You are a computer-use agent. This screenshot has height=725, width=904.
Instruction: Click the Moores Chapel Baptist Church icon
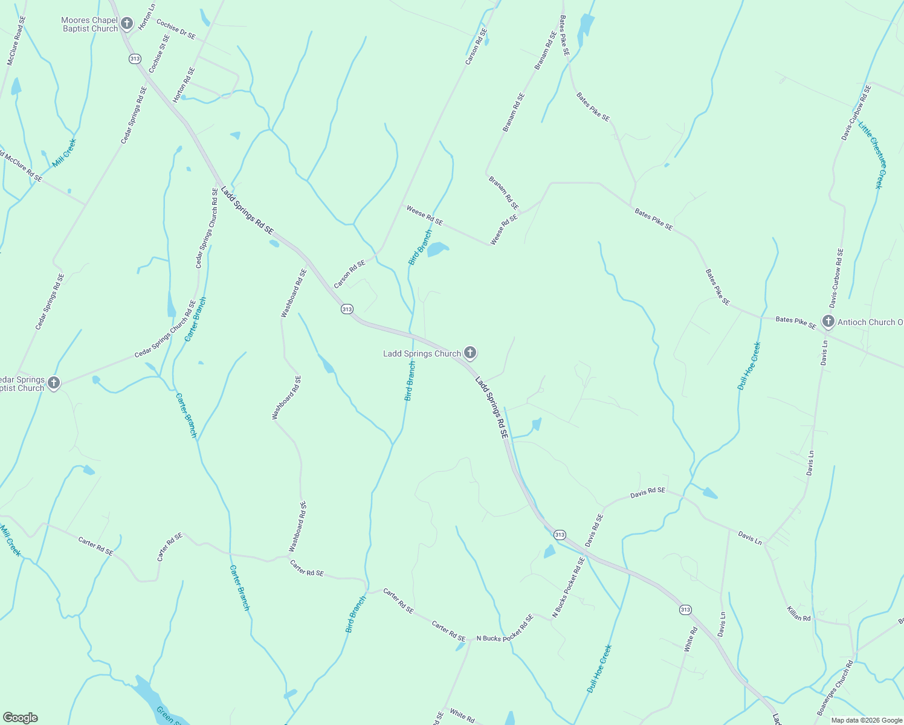127,24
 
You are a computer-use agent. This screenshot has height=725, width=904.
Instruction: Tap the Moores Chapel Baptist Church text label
89,25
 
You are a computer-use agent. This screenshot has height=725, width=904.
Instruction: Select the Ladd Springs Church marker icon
470,353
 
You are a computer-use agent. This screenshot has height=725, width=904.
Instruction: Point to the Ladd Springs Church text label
422,354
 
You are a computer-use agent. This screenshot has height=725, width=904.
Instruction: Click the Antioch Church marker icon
828,321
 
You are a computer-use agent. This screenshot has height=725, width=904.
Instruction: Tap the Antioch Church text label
870,323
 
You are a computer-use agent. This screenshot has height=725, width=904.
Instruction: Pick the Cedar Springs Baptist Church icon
54,382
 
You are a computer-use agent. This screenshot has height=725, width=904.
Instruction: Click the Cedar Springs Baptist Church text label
22,384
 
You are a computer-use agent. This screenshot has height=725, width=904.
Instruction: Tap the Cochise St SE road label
160,54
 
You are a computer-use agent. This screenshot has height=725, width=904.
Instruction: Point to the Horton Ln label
147,17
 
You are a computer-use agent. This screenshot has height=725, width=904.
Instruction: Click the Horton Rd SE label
184,85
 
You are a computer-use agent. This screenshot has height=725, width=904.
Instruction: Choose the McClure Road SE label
16,40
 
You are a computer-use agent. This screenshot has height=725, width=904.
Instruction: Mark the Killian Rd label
798,613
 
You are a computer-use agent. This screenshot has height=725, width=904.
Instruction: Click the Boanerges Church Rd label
835,688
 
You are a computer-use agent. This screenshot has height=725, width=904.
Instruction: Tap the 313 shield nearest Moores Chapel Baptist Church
135,59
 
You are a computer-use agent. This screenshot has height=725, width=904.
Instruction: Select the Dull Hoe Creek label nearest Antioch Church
749,366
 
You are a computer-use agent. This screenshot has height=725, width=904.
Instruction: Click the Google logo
20,718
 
